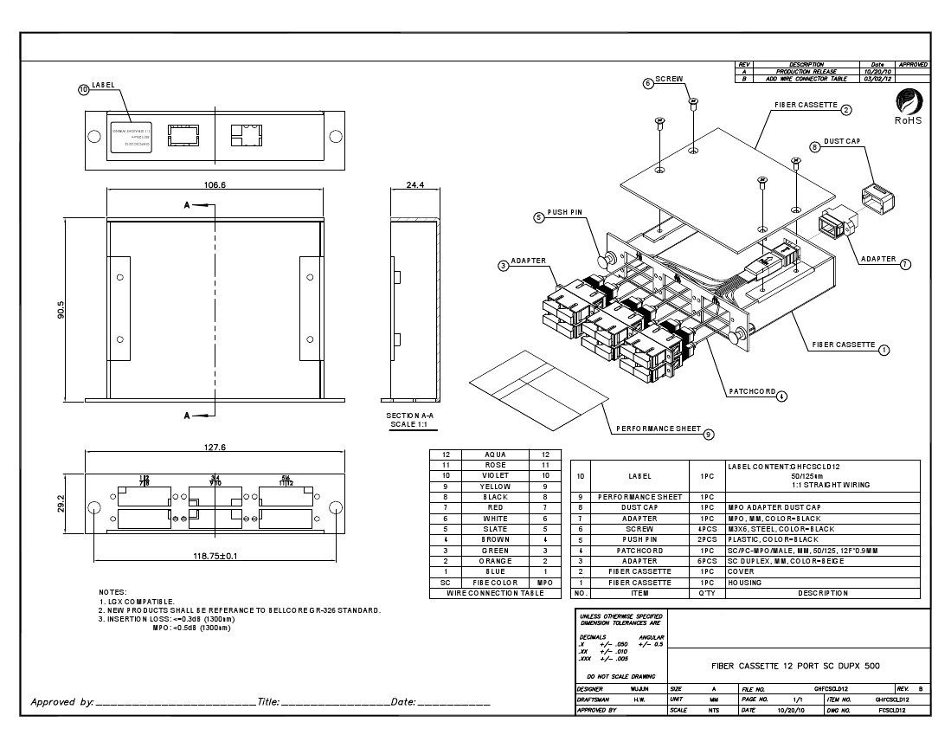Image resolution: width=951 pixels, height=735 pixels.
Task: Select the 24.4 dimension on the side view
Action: [415, 184]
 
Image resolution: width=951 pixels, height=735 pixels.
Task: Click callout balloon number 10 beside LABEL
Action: [84, 89]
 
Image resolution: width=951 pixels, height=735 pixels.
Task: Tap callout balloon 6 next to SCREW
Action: [647, 84]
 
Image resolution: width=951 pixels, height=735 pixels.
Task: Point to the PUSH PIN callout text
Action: [566, 212]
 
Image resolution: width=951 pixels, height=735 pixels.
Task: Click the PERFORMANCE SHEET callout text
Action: [658, 429]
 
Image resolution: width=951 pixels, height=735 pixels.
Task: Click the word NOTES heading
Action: [113, 591]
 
